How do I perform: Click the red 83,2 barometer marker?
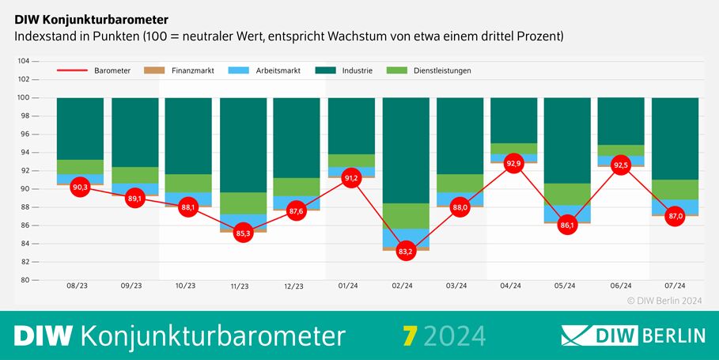406,251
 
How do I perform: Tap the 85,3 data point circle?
243,233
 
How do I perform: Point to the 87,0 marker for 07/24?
675,216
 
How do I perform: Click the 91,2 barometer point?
352,178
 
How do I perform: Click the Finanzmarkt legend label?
192,70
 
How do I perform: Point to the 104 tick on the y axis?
24,61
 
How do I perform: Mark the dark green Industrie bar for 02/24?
406,150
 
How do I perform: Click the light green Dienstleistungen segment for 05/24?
567,194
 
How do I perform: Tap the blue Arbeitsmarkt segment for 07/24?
675,207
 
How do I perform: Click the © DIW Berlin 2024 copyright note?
665,301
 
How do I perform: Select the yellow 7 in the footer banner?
408,335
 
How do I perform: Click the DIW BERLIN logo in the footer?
633,335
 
